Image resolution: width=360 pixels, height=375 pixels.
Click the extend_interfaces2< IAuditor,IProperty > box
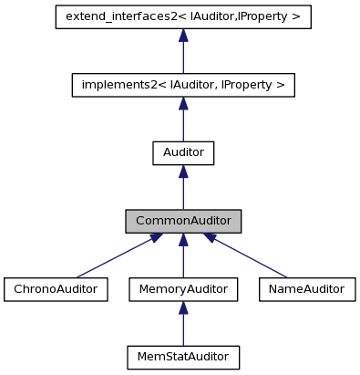pos(183,17)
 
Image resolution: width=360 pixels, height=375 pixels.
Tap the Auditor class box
pos(183,153)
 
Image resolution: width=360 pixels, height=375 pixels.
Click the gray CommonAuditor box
pos(183,221)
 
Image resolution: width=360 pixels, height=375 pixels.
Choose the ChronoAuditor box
pos(56,289)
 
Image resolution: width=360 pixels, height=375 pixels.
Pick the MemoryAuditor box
pos(183,289)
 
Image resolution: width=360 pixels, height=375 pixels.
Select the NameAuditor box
pos(307,289)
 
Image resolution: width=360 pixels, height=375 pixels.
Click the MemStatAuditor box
pos(183,357)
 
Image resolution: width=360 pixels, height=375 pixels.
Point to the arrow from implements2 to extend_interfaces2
pos(183,55)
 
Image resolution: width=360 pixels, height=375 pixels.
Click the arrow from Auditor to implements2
pos(183,122)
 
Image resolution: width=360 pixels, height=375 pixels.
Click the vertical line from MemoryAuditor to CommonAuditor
pos(183,260)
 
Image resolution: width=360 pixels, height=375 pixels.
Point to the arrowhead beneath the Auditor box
pos(183,172)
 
